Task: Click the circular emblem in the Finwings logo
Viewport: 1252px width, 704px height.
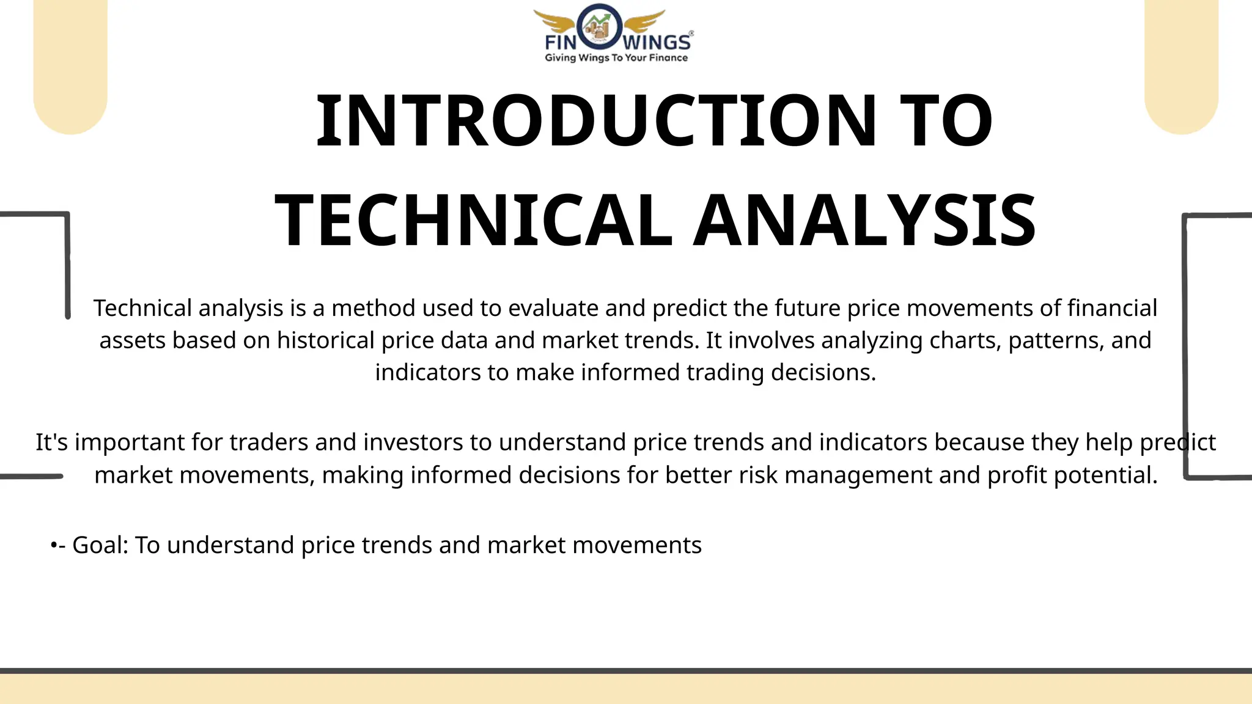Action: click(x=600, y=27)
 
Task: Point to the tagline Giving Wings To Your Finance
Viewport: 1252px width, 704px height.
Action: click(x=616, y=58)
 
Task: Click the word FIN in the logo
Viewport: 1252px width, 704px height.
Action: click(x=561, y=43)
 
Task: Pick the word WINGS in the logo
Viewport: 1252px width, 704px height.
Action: click(x=657, y=43)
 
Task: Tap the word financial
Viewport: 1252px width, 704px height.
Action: click(x=1112, y=308)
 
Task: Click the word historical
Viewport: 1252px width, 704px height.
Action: click(x=325, y=340)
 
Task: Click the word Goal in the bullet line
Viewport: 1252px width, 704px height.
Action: click(x=100, y=545)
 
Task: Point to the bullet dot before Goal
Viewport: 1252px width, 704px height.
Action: click(x=54, y=544)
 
